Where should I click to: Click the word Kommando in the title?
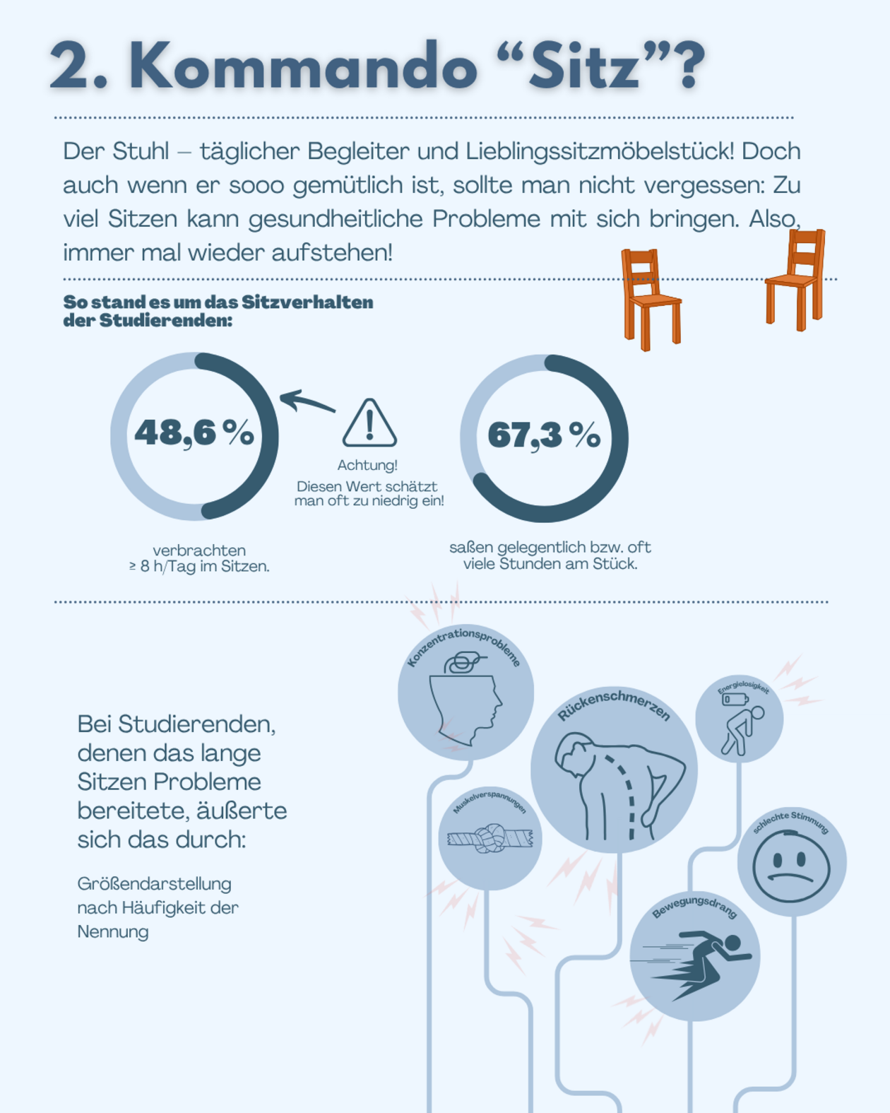pyautogui.click(x=304, y=66)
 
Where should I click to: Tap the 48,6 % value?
pyautogui.click(x=194, y=432)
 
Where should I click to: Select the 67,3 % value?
pyautogui.click(x=544, y=435)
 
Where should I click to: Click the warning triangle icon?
pyautogui.click(x=369, y=424)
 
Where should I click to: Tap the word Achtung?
pyautogui.click(x=367, y=465)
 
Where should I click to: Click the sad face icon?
pyautogui.click(x=790, y=866)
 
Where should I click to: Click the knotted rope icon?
pyautogui.click(x=490, y=839)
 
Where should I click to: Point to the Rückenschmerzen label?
pyautogui.click(x=613, y=704)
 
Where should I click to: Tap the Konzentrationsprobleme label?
pyautogui.click(x=464, y=644)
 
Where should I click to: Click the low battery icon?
pyautogui.click(x=735, y=699)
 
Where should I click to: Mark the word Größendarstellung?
pyautogui.click(x=154, y=883)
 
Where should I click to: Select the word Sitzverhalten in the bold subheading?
pyautogui.click(x=307, y=302)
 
